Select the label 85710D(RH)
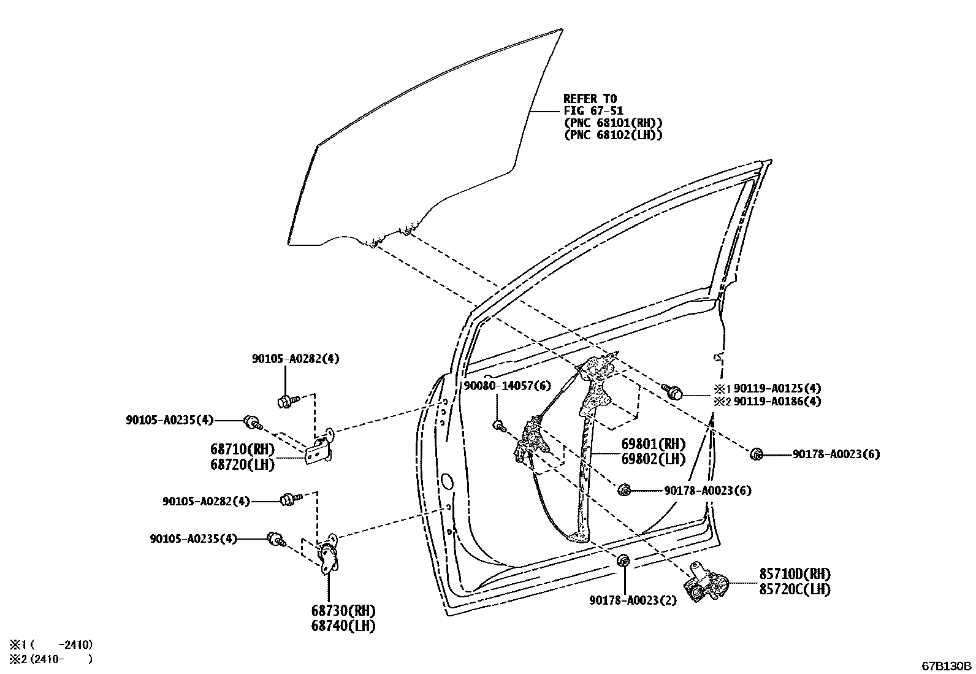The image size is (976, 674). [795, 575]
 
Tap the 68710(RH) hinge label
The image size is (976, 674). [243, 450]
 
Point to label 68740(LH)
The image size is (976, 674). [343, 626]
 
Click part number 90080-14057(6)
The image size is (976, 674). [507, 386]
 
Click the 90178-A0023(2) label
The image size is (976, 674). [633, 600]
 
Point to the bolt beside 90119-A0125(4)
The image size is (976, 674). [672, 391]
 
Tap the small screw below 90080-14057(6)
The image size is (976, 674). [499, 425]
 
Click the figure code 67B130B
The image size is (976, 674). [947, 666]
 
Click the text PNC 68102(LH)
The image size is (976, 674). [613, 135]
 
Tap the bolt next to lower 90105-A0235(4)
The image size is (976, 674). [276, 540]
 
